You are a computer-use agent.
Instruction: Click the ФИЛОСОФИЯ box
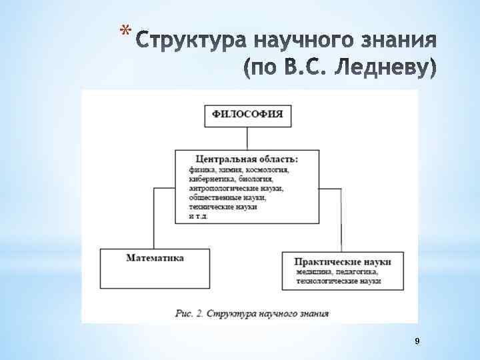coord(247,115)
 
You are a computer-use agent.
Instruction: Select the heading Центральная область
coord(247,159)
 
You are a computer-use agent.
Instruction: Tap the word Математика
coord(155,257)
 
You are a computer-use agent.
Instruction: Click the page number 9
coord(417,341)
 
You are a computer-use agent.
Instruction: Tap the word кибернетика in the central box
coord(209,179)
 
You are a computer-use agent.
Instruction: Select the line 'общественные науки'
coord(227,198)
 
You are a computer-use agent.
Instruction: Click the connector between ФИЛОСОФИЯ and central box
coord(247,137)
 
